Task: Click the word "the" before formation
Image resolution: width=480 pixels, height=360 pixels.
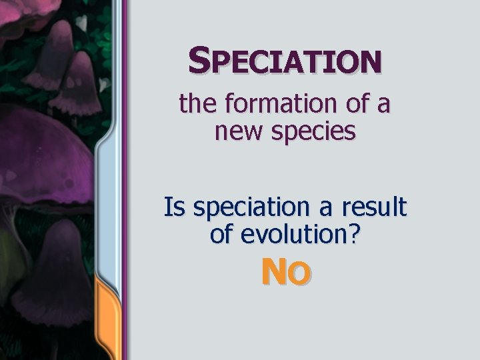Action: pyautogui.click(x=194, y=104)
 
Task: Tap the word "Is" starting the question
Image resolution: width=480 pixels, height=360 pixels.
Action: pyautogui.click(x=175, y=208)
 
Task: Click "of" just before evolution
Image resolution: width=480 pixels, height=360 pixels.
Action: pyautogui.click(x=222, y=234)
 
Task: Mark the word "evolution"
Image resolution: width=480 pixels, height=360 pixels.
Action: pyautogui.click(x=293, y=234)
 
